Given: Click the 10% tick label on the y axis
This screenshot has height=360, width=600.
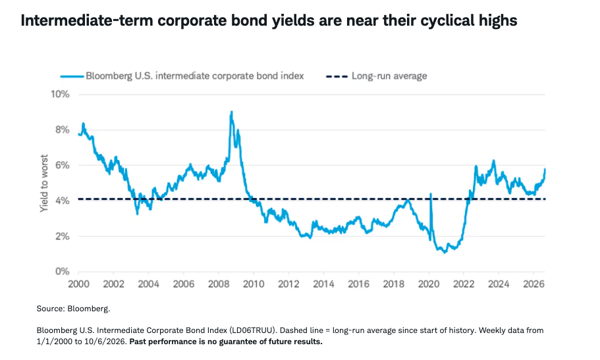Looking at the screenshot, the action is pos(60,94).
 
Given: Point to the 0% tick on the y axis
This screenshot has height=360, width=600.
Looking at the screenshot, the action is pos(63,272).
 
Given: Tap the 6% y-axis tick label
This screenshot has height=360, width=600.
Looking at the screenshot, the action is pos(63,165).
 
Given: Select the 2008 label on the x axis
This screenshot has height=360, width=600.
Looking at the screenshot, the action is pos(219,284).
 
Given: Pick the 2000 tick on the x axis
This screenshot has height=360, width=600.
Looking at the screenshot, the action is pos(78,284).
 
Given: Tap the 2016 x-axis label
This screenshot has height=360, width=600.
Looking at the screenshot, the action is pos(358,284).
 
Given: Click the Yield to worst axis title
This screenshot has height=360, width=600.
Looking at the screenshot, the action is pos(44,183).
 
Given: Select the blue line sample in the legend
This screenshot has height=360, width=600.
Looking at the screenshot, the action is pos(72,76).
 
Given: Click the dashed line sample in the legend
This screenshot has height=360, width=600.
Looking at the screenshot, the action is pos(337,76).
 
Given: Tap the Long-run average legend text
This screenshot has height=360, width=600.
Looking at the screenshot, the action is pos(389,76).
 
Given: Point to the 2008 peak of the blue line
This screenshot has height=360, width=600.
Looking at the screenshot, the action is pos(232,112).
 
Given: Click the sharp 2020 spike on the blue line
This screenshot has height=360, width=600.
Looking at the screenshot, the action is pos(431,194).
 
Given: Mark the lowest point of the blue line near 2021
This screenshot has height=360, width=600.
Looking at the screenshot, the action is pos(445,253).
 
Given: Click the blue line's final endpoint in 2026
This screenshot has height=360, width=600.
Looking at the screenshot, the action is pos(545,169).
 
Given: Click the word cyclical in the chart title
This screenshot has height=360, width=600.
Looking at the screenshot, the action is pos(445,20).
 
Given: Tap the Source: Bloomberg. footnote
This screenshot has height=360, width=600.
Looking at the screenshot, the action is pos(73,309).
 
